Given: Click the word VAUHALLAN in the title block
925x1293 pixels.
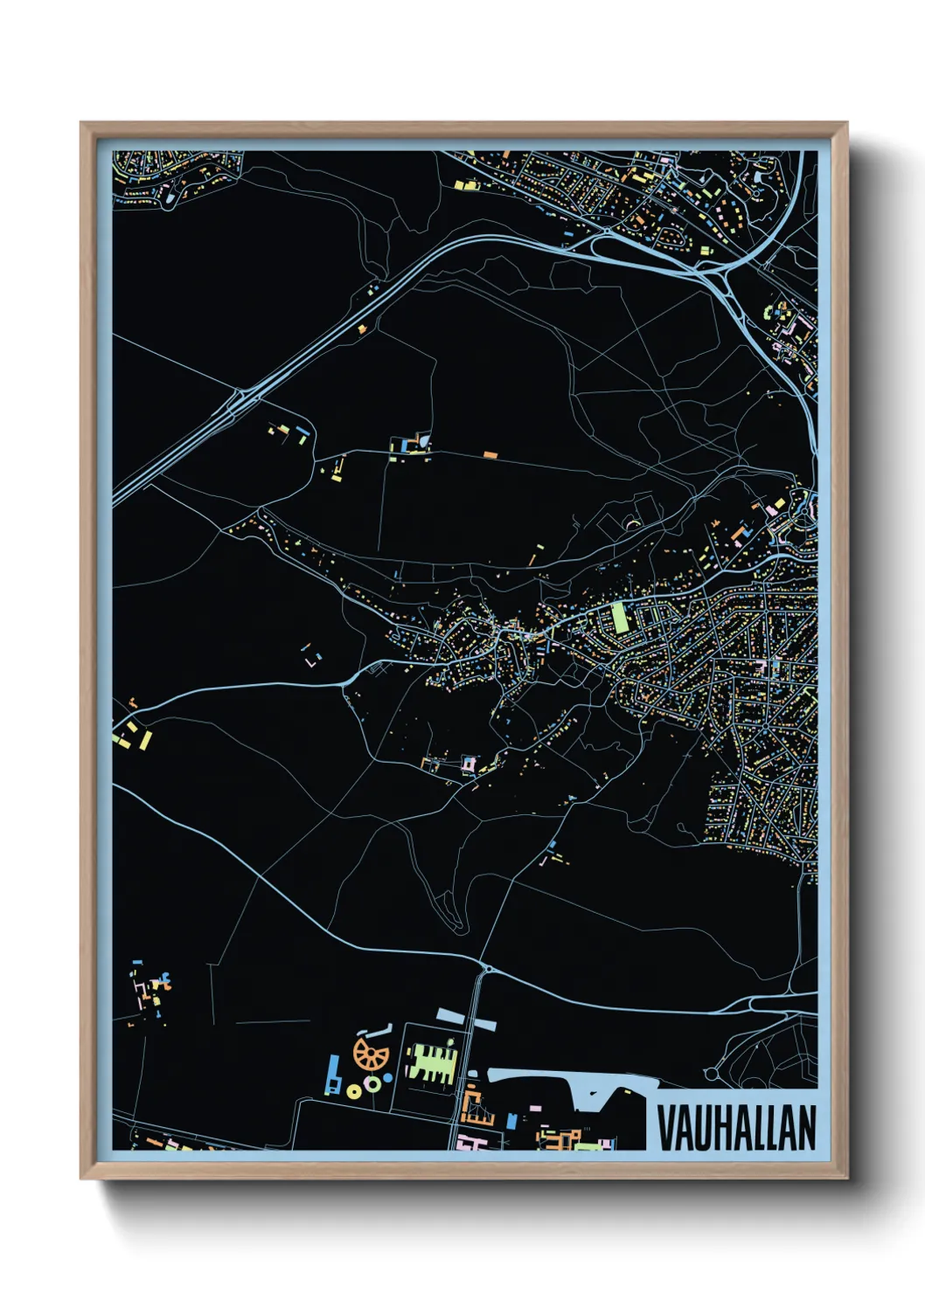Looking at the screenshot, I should click(x=735, y=1128).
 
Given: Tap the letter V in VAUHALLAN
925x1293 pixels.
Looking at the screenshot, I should click(x=664, y=1128).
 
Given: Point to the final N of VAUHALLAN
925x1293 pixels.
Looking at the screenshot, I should click(x=806, y=1128).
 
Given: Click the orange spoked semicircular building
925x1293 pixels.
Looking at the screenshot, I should click(x=371, y=1054).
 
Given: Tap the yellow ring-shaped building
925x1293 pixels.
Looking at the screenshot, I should click(x=354, y=1090).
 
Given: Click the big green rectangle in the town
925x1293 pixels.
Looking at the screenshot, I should click(x=619, y=617).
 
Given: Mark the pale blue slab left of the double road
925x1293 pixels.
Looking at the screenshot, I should click(x=454, y=1016).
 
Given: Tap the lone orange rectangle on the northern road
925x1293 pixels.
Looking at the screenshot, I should click(x=490, y=455).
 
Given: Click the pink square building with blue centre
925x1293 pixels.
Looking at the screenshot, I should click(x=469, y=764).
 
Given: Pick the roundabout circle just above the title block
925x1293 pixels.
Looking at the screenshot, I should click(x=712, y=1073).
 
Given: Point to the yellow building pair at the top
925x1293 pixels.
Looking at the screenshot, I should click(x=464, y=184).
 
